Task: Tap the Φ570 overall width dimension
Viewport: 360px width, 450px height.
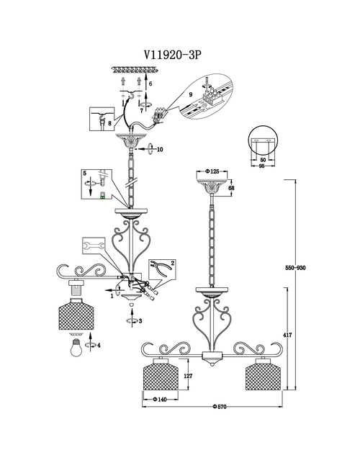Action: pos(219,406)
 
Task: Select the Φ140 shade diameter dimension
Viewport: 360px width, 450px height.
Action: pos(160,399)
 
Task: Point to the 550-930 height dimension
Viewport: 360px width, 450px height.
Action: pos(295,267)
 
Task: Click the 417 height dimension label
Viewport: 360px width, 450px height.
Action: pos(288,335)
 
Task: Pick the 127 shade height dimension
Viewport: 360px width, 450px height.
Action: pos(188,376)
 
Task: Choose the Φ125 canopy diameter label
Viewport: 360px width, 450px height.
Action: pos(212,171)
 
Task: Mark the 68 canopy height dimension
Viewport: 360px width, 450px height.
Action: pos(231,188)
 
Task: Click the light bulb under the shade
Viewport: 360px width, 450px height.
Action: pos(76,348)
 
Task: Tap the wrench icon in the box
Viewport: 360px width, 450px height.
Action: pos(94,246)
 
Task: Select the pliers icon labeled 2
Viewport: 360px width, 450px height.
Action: pos(161,269)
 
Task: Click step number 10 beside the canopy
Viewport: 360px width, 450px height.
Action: pos(160,149)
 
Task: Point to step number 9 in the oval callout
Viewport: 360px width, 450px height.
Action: pos(191,94)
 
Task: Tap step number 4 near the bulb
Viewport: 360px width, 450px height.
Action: pos(99,345)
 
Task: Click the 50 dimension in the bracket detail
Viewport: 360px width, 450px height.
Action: pos(263,160)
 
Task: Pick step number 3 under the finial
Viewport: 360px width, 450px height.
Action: pos(140,321)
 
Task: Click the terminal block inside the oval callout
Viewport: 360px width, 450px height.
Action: pos(213,95)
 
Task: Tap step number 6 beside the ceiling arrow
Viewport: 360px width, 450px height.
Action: pos(150,84)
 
